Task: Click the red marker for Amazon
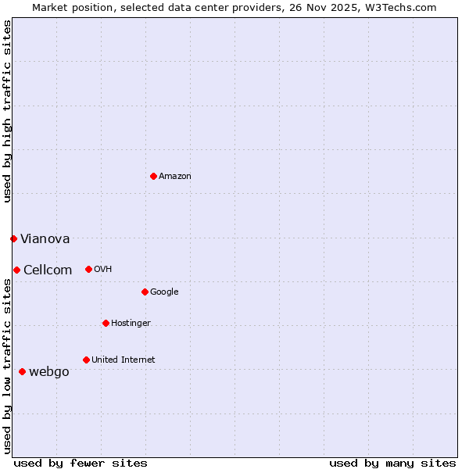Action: pyautogui.click(x=153, y=176)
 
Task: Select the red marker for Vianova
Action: pyautogui.click(x=13, y=238)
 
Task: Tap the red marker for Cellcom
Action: pyautogui.click(x=16, y=270)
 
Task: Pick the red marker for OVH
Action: pyautogui.click(x=88, y=269)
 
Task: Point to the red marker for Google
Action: pyautogui.click(x=145, y=292)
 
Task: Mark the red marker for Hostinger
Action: pyautogui.click(x=106, y=323)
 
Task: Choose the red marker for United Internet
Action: pyautogui.click(x=86, y=360)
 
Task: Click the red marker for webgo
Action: pyautogui.click(x=22, y=371)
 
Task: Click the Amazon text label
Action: pyautogui.click(x=174, y=177)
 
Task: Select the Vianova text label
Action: pyautogui.click(x=45, y=239)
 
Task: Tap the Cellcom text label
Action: pyautogui.click(x=48, y=270)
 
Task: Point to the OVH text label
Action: pyautogui.click(x=102, y=270)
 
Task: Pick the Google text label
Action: pyautogui.click(x=164, y=292)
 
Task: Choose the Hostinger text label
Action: pyautogui.click(x=131, y=324)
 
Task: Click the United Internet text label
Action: pyautogui.click(x=123, y=360)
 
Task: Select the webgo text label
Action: pyautogui.click(x=48, y=372)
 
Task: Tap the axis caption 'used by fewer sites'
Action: pyautogui.click(x=81, y=463)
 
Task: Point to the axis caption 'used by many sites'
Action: pyautogui.click(x=392, y=463)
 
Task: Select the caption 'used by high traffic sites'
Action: pyautogui.click(x=7, y=111)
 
